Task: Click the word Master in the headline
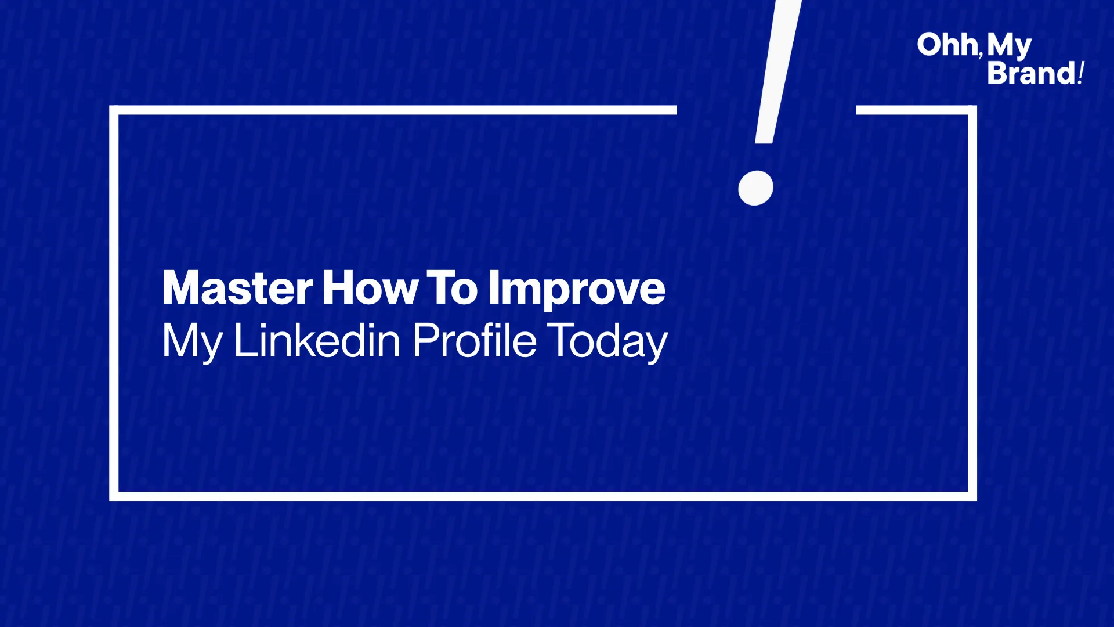click(x=237, y=287)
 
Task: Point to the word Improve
click(x=576, y=290)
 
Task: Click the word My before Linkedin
click(x=192, y=343)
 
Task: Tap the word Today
click(x=607, y=343)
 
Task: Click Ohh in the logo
click(x=947, y=45)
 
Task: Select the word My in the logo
click(x=1010, y=46)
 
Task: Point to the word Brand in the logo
click(x=1031, y=73)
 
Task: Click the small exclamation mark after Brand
click(x=1080, y=73)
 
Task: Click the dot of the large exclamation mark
click(x=755, y=188)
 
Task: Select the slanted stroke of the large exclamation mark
click(x=777, y=71)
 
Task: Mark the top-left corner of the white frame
click(x=114, y=110)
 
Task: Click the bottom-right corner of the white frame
click(x=972, y=496)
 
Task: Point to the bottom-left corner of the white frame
click(x=114, y=496)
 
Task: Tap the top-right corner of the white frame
click(x=972, y=110)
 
